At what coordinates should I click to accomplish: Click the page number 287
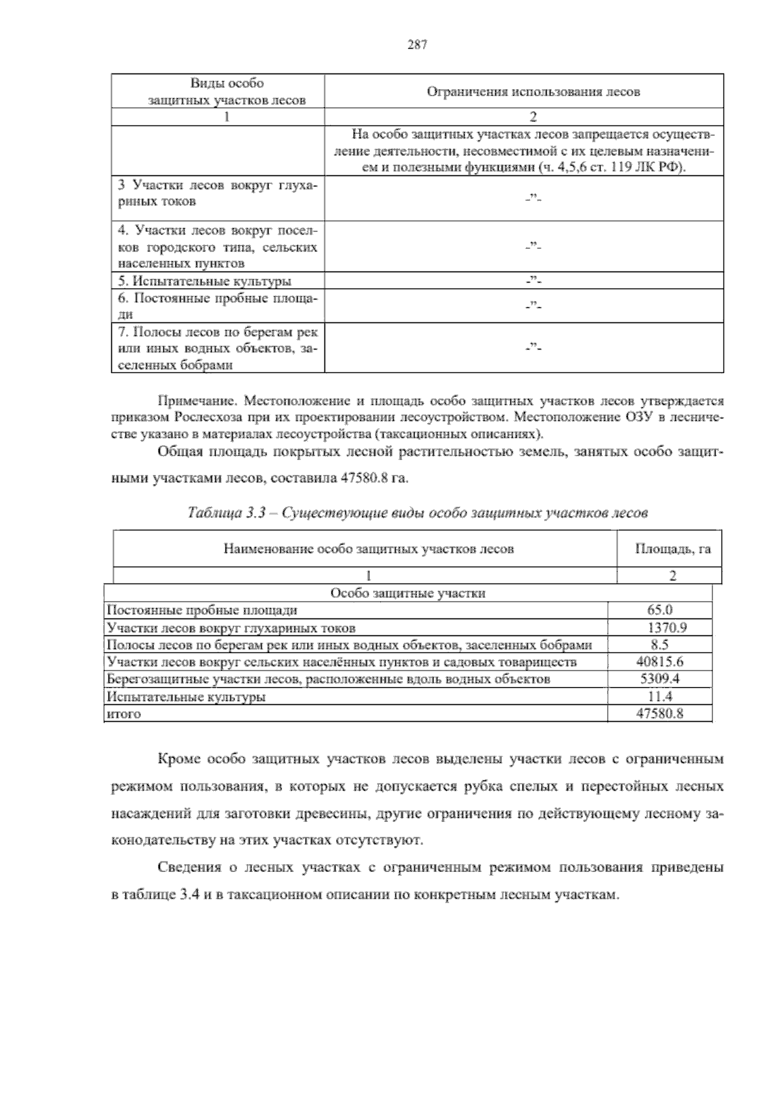[417, 45]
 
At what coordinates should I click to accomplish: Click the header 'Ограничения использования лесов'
[533, 92]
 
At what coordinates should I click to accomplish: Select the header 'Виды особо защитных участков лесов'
[227, 92]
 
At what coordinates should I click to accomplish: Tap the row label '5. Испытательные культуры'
[205, 281]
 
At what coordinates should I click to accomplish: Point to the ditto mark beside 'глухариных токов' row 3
[533, 199]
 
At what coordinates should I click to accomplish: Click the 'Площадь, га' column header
[672, 549]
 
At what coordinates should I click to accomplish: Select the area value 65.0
[660, 610]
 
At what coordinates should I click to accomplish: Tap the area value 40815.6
[660, 662]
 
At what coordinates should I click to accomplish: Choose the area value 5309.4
[660, 680]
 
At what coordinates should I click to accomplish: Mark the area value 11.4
[660, 697]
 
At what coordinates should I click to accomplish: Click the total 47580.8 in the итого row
[660, 714]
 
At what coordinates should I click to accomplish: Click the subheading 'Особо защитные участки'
[408, 593]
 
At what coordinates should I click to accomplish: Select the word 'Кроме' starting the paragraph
[178, 760]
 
